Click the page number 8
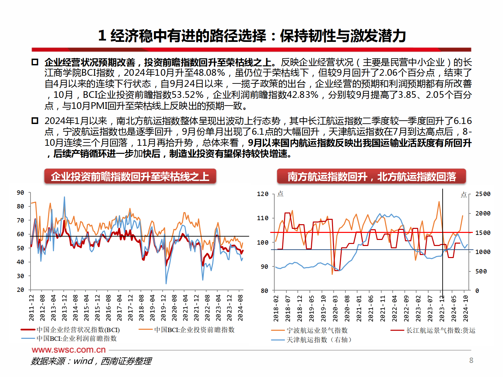[471, 360]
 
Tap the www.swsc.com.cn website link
[69, 350]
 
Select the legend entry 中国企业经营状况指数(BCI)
[78, 330]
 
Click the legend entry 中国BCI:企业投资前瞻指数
[194, 330]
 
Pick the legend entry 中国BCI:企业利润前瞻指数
[76, 338]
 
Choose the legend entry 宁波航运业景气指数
[317, 330]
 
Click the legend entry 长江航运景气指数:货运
[441, 330]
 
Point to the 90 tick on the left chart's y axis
[20, 193]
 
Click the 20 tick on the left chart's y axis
[20, 290]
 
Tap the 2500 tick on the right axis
[483, 194]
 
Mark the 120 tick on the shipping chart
[263, 194]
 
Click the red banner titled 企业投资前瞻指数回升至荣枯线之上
[130, 176]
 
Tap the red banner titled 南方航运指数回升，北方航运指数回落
[372, 176]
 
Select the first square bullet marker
[35, 62]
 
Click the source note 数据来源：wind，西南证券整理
[91, 361]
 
